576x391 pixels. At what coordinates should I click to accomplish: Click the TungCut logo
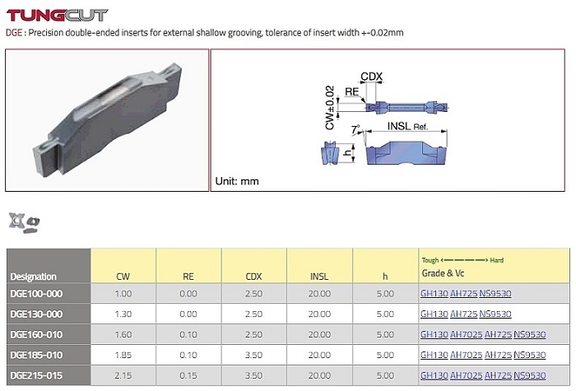[57, 15]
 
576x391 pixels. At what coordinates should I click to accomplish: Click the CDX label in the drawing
[371, 77]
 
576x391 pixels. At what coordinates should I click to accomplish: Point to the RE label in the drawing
[351, 91]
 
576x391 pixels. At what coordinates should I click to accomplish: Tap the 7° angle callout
[355, 129]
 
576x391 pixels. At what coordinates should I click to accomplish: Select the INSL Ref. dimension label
[408, 127]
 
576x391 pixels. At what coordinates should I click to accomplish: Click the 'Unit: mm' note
[237, 181]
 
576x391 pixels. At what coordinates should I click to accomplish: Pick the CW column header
[123, 277]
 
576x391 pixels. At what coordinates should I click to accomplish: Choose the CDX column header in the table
[253, 277]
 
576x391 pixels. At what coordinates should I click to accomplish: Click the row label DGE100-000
[36, 294]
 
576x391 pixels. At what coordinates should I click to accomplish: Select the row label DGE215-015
[36, 375]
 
